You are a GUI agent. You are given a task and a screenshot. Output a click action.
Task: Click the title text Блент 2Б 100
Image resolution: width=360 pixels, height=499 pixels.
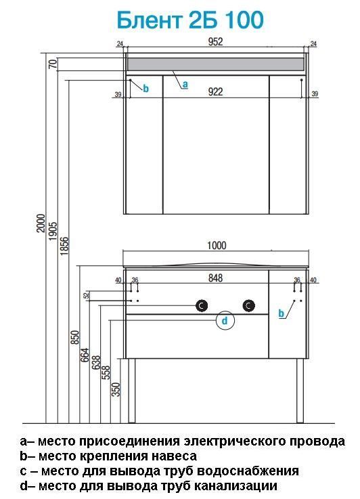pyautogui.click(x=190, y=20)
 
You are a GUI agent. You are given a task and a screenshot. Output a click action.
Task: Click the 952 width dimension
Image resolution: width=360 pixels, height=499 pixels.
pyautogui.click(x=216, y=42)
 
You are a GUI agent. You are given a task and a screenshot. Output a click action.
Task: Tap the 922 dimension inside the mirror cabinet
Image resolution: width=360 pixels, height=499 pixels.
pyautogui.click(x=216, y=91)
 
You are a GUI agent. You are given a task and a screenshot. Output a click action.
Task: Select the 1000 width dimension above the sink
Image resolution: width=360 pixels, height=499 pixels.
pyautogui.click(x=217, y=245)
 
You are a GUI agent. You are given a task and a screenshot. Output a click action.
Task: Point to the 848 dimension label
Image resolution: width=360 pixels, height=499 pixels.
pyautogui.click(x=216, y=278)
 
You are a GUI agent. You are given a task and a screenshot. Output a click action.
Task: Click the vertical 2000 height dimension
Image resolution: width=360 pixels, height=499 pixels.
pyautogui.click(x=41, y=223)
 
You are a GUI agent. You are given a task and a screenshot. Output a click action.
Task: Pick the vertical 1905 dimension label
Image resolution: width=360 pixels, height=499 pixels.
pyautogui.click(x=53, y=231)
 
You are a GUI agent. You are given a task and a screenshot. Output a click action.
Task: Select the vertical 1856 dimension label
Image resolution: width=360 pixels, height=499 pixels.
pyautogui.click(x=64, y=246)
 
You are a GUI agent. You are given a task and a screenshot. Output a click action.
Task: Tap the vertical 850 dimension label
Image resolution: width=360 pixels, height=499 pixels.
pyautogui.click(x=74, y=337)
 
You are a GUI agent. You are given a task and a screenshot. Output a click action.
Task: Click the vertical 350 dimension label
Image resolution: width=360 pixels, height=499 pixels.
pyautogui.click(x=116, y=389)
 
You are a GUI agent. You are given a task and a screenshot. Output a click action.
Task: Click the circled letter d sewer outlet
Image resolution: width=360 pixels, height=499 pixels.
pyautogui.click(x=225, y=320)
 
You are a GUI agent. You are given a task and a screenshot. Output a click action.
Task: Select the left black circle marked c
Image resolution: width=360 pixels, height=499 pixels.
pyautogui.click(x=201, y=305)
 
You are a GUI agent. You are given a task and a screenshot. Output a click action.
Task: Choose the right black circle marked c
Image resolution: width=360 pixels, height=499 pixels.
pyautogui.click(x=249, y=305)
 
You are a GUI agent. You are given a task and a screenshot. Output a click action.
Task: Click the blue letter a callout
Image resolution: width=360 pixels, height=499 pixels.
pyautogui.click(x=185, y=85)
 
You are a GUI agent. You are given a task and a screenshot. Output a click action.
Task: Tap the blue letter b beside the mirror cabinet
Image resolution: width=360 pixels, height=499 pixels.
pyautogui.click(x=145, y=89)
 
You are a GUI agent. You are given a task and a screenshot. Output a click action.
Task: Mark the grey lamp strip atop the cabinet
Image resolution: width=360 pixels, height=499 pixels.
pyautogui.click(x=216, y=64)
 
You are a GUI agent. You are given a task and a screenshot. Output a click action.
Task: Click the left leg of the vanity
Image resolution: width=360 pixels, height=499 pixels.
pyautogui.click(x=132, y=391)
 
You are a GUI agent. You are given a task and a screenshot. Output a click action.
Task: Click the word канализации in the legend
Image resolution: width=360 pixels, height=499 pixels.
pyautogui.click(x=235, y=486)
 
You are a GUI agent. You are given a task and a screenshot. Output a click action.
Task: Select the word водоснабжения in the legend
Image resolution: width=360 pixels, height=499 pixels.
pyautogui.click(x=248, y=471)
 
